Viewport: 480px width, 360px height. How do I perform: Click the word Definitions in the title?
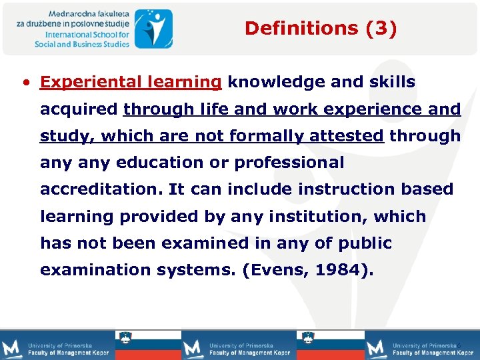(x=292, y=28)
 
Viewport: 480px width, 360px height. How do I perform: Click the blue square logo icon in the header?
(x=153, y=28)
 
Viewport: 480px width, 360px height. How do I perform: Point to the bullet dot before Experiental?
(x=25, y=83)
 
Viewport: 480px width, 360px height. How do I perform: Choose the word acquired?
(x=79, y=109)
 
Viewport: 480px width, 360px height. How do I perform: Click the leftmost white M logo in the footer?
(x=12, y=348)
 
